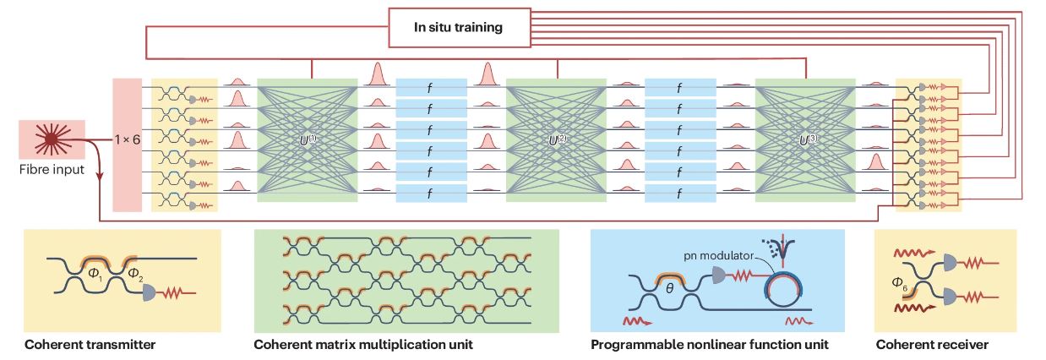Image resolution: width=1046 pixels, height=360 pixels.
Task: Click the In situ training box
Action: [458, 27]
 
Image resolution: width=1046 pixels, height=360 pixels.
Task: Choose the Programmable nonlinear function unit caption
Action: [710, 345]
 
